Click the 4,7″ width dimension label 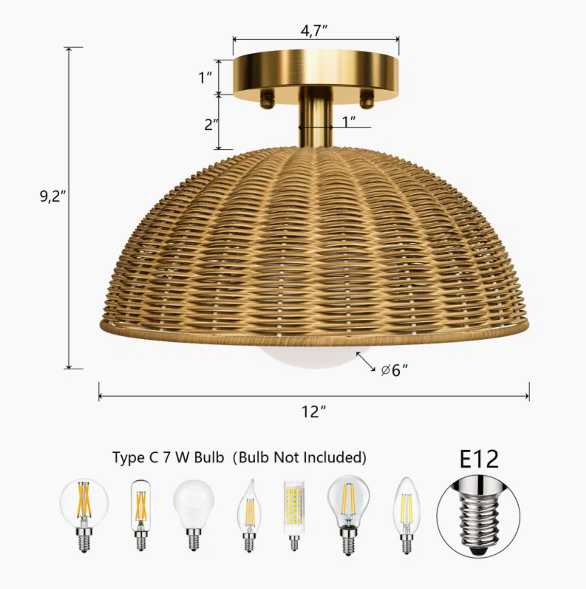(315, 31)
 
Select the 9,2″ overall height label (53, 196)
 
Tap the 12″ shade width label (314, 412)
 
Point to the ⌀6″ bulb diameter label (394, 370)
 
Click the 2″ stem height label (212, 125)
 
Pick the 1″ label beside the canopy (206, 78)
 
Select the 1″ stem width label (349, 122)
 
